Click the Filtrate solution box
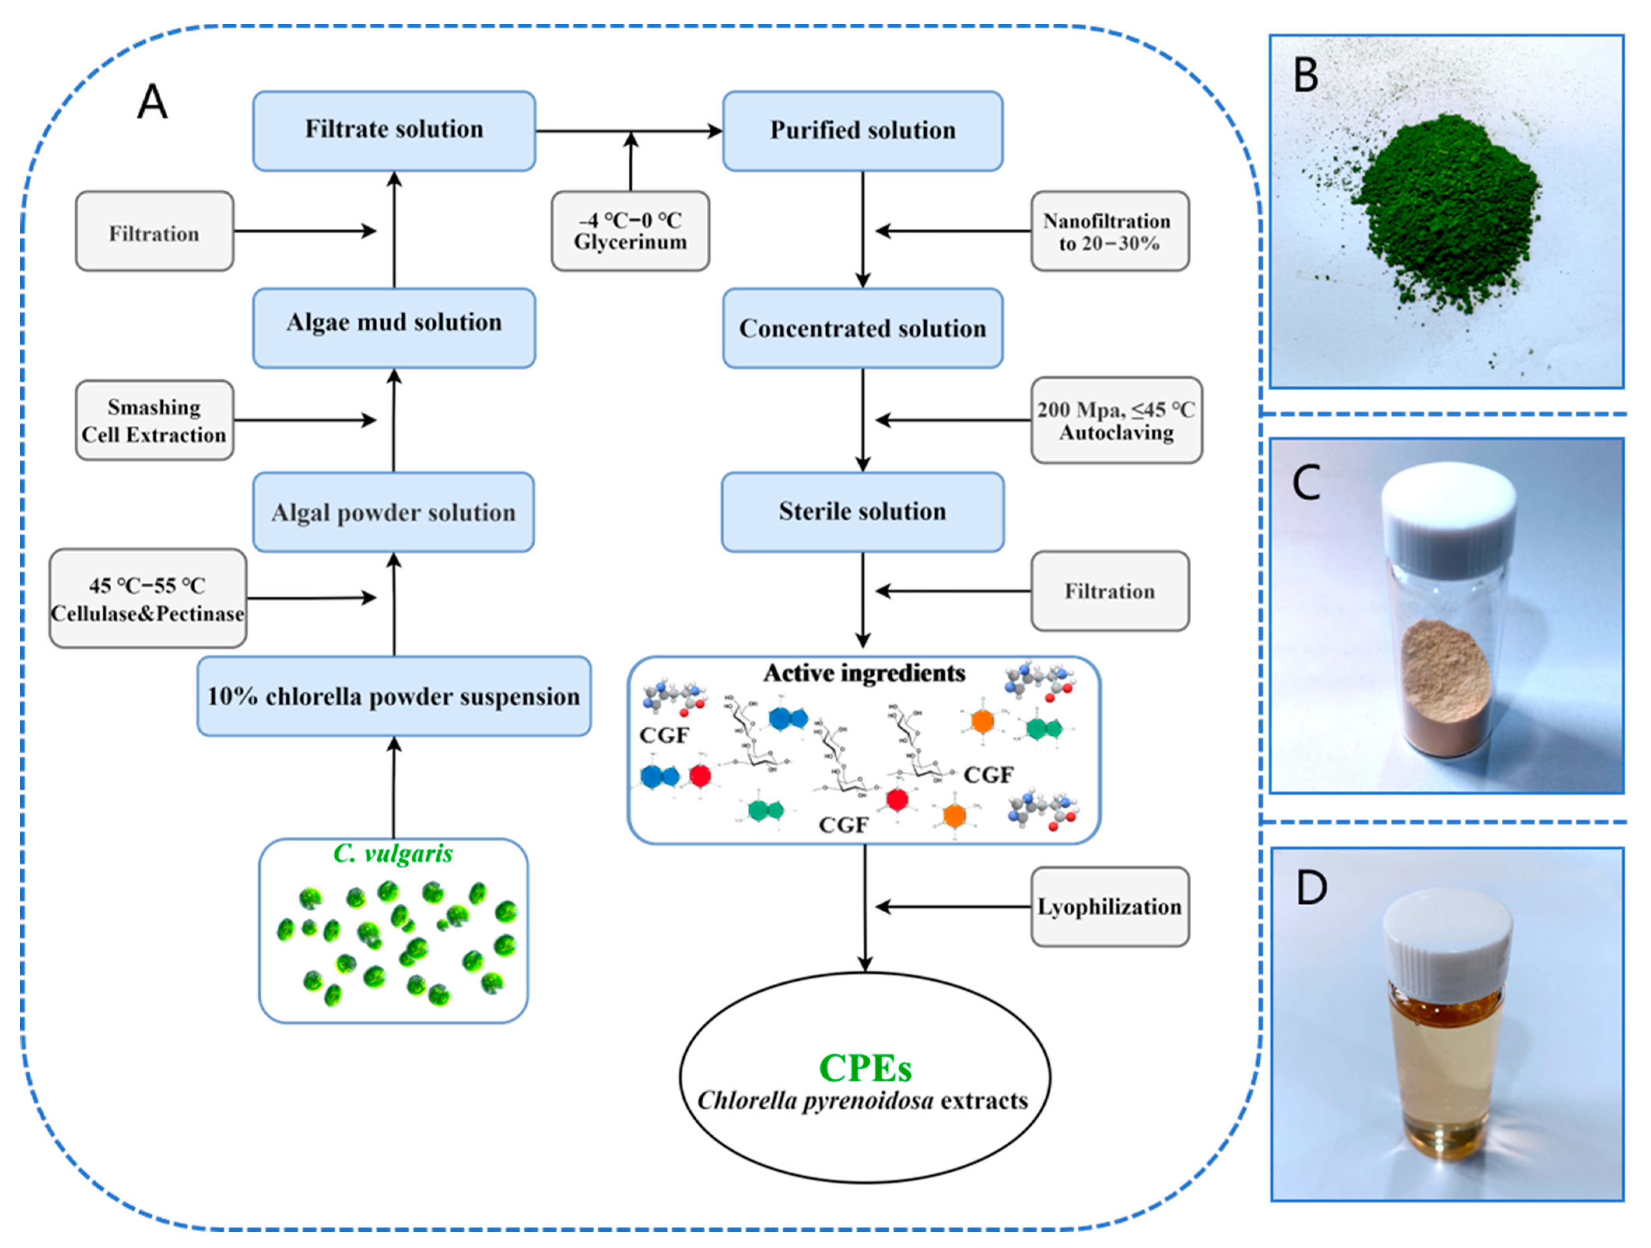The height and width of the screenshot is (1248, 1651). pyautogui.click(x=394, y=131)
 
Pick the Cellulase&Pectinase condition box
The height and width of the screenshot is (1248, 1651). pyautogui.click(x=148, y=599)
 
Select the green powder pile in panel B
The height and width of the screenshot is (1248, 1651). pyautogui.click(x=1448, y=209)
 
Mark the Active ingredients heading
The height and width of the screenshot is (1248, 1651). pyautogui.click(x=864, y=673)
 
